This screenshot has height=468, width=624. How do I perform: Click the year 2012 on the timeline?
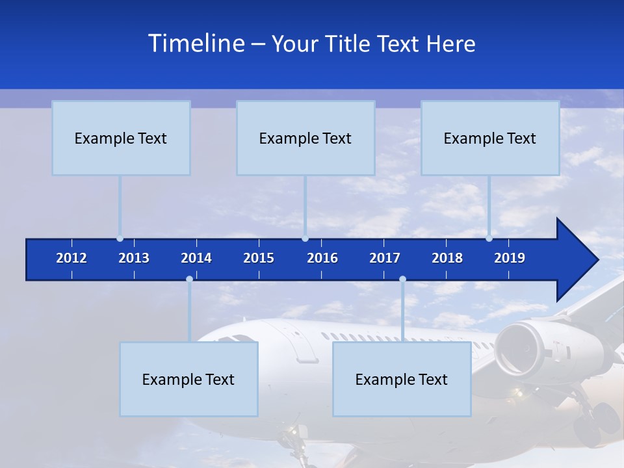point(71,258)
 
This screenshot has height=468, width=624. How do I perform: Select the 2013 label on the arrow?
point(134,258)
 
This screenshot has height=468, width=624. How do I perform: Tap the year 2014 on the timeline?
point(196,258)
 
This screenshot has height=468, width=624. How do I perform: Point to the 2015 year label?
point(259,258)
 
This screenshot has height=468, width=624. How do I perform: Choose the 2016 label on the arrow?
point(322,258)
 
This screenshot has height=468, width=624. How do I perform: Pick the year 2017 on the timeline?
point(385,258)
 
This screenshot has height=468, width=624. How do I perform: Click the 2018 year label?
point(447,258)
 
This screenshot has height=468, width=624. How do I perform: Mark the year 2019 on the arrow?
point(510,258)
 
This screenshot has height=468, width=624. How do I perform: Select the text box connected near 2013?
point(121,138)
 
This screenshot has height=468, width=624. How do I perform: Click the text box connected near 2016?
point(305,138)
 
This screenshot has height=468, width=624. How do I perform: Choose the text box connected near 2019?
point(490,138)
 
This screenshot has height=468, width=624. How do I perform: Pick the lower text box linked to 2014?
point(188,379)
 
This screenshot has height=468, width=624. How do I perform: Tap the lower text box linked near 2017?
point(402,379)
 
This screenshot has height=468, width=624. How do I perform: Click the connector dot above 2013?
point(120,239)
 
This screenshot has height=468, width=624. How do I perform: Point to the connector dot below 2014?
point(189,279)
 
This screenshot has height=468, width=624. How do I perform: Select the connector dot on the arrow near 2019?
point(489,239)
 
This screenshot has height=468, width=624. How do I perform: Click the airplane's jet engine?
point(520,348)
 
